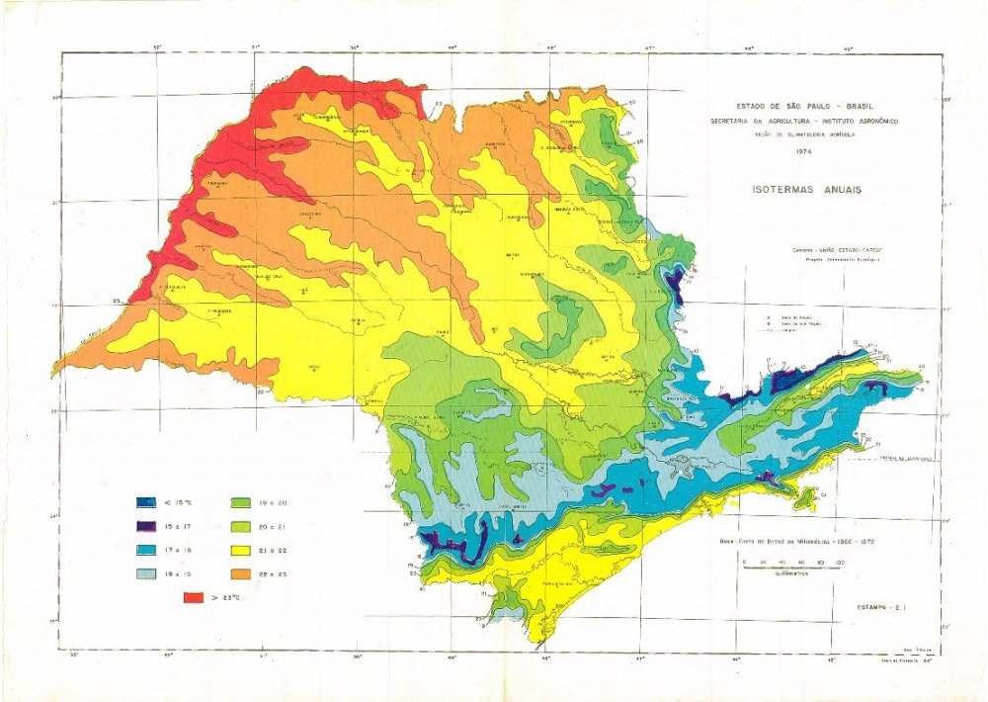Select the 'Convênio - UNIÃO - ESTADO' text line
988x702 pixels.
pyautogui.click(x=830, y=250)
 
